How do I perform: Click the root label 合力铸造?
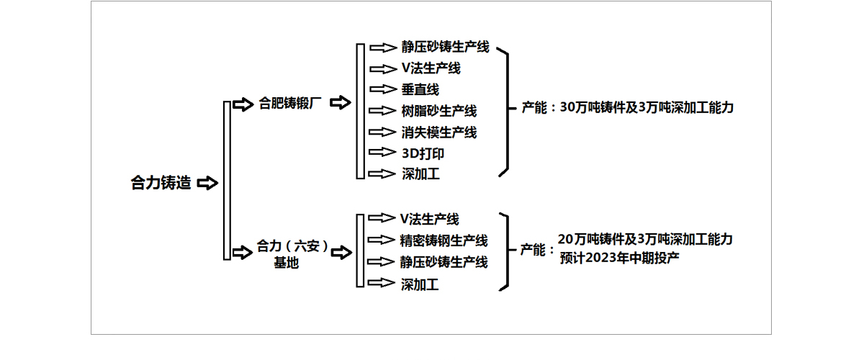point(161,183)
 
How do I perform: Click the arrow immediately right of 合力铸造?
point(207,183)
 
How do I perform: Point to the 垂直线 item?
point(420,89)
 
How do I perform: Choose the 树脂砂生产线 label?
point(439,111)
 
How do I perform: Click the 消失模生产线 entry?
point(439,132)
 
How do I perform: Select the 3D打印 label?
point(423,153)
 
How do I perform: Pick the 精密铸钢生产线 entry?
point(444,240)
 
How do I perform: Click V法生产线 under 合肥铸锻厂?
point(431,68)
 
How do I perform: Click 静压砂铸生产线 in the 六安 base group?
point(444,261)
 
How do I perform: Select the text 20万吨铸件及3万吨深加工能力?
point(646,239)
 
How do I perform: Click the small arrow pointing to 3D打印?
point(382,153)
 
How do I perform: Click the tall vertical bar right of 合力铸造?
point(227,180)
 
